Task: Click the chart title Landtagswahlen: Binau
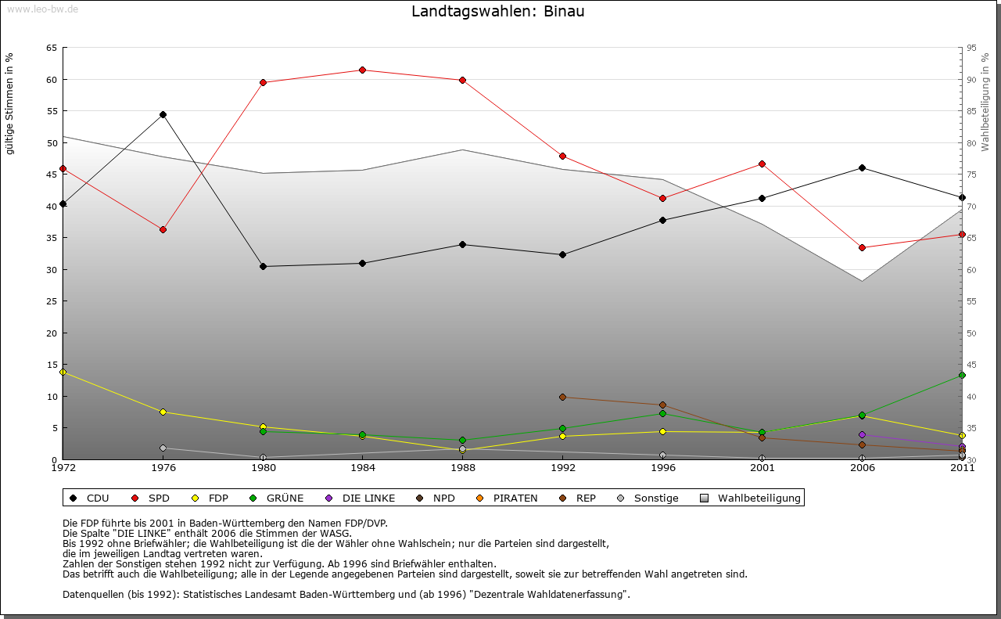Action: click(x=498, y=12)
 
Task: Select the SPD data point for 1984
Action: click(x=363, y=70)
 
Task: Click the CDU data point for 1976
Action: click(x=163, y=115)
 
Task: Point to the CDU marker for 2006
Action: click(x=862, y=167)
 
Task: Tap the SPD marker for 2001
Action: click(x=762, y=164)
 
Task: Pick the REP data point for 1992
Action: click(x=562, y=397)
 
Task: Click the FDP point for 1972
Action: click(x=63, y=372)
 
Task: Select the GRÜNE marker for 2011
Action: click(x=962, y=376)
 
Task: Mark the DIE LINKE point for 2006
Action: click(x=862, y=434)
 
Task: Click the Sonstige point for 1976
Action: click(x=163, y=448)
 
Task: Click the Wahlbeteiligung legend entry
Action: click(x=751, y=498)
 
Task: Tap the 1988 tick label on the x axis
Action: click(x=462, y=468)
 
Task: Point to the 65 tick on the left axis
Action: click(x=52, y=48)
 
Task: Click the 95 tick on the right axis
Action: click(x=972, y=48)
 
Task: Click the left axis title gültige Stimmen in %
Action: click(x=9, y=103)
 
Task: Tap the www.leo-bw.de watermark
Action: click(x=40, y=9)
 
